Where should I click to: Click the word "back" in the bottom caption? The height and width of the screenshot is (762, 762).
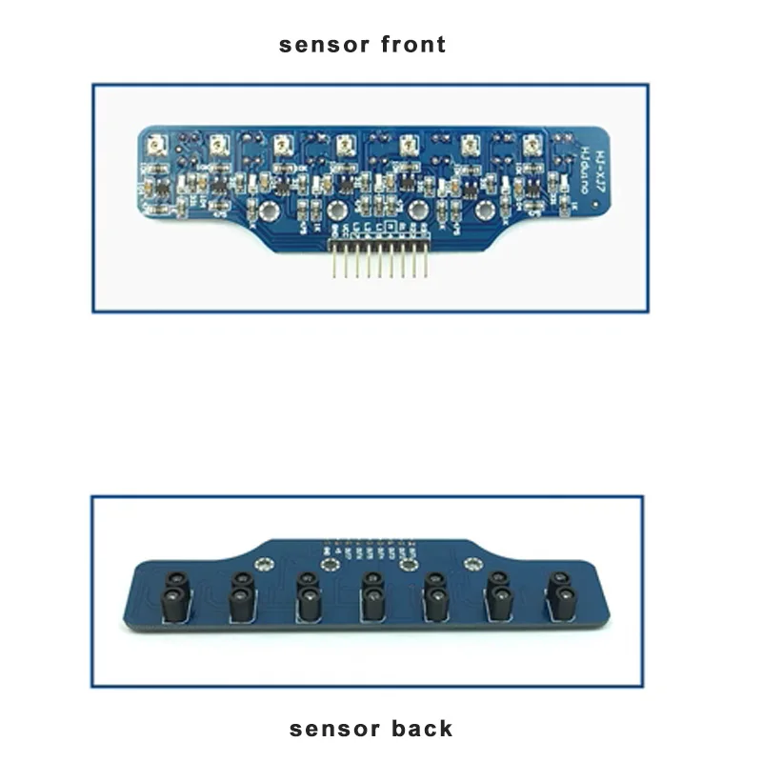(x=420, y=730)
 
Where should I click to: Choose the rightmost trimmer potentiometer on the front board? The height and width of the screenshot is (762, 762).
(x=531, y=145)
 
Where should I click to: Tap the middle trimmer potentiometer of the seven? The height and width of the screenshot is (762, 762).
(x=344, y=145)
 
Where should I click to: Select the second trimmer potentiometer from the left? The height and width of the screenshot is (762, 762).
(x=219, y=145)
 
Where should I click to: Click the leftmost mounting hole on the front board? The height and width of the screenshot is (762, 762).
(x=269, y=211)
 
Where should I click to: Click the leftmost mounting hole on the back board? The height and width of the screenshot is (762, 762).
(x=331, y=566)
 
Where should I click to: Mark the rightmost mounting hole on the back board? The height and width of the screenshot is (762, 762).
(x=469, y=565)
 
